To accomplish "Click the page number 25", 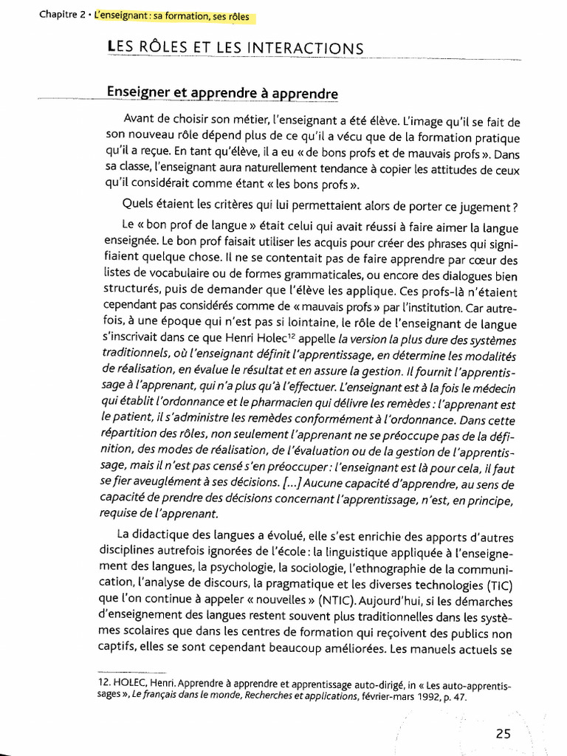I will (503, 734).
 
